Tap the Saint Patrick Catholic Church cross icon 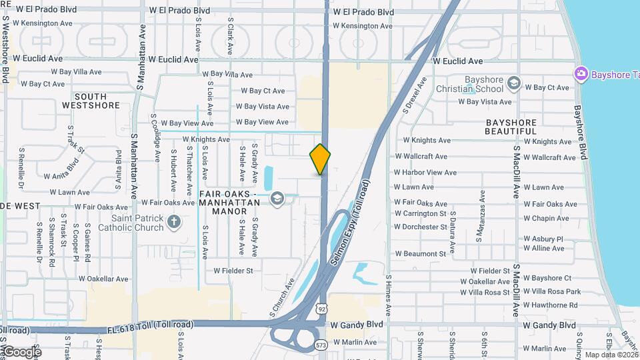pyautogui.click(x=174, y=221)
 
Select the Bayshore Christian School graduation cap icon pyautogui.click(x=513, y=83)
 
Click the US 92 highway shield pyautogui.click(x=322, y=308)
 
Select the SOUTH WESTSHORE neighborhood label pyautogui.click(x=91, y=101)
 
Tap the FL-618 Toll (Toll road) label pyautogui.click(x=151, y=325)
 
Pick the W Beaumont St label pyautogui.click(x=420, y=254)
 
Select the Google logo pyautogui.click(x=21, y=351)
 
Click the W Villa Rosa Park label pyautogui.click(x=552, y=291)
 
